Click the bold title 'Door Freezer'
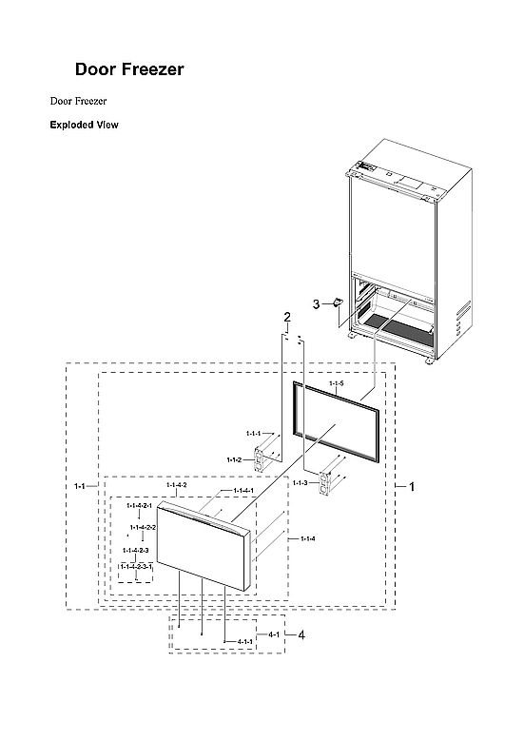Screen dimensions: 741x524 [x=129, y=70]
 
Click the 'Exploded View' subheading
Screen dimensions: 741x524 [x=84, y=125]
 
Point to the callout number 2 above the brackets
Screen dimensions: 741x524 [x=286, y=316]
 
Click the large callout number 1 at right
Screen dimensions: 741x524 [x=411, y=486]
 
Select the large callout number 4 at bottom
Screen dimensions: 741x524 [x=301, y=635]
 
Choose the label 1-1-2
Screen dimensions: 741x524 [x=234, y=459]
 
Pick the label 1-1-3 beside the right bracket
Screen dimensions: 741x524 [x=300, y=483]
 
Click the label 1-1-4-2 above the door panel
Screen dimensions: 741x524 [x=176, y=485]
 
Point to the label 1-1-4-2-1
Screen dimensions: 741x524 [x=140, y=505]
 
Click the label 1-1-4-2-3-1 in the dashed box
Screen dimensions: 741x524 [x=136, y=566]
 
